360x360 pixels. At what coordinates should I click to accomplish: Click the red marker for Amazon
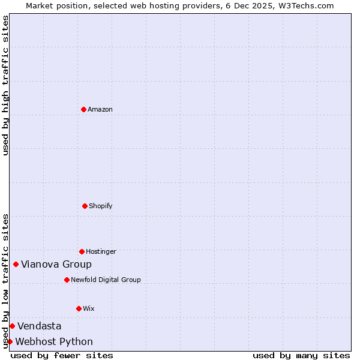coord(84,109)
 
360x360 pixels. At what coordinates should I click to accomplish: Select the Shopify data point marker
coord(85,206)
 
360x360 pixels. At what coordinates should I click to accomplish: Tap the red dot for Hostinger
coord(82,251)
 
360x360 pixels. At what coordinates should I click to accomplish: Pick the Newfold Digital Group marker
coord(67,280)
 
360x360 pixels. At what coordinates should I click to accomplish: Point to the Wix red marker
coord(79,308)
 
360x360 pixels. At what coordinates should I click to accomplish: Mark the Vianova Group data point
coord(16,264)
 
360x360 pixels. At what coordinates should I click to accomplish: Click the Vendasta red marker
coord(12,326)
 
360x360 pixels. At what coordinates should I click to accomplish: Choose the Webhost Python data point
coord(10,341)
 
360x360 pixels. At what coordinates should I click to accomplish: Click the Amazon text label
coord(100,109)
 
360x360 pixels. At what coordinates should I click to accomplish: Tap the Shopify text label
coord(101,206)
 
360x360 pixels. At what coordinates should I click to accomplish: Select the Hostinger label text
coord(101,251)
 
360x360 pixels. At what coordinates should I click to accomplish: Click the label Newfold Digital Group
coord(106,280)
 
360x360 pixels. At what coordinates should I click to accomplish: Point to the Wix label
coord(89,308)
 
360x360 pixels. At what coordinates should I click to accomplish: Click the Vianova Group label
coord(56,264)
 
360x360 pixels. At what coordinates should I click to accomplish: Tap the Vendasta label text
coord(39,326)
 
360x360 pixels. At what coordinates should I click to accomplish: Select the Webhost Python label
coord(54,341)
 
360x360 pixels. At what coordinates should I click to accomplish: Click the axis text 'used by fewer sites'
coord(62,355)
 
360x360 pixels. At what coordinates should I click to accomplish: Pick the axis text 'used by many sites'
coord(301,355)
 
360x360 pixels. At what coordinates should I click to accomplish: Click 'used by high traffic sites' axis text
coord(6,85)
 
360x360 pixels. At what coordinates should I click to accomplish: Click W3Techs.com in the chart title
coord(305,5)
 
